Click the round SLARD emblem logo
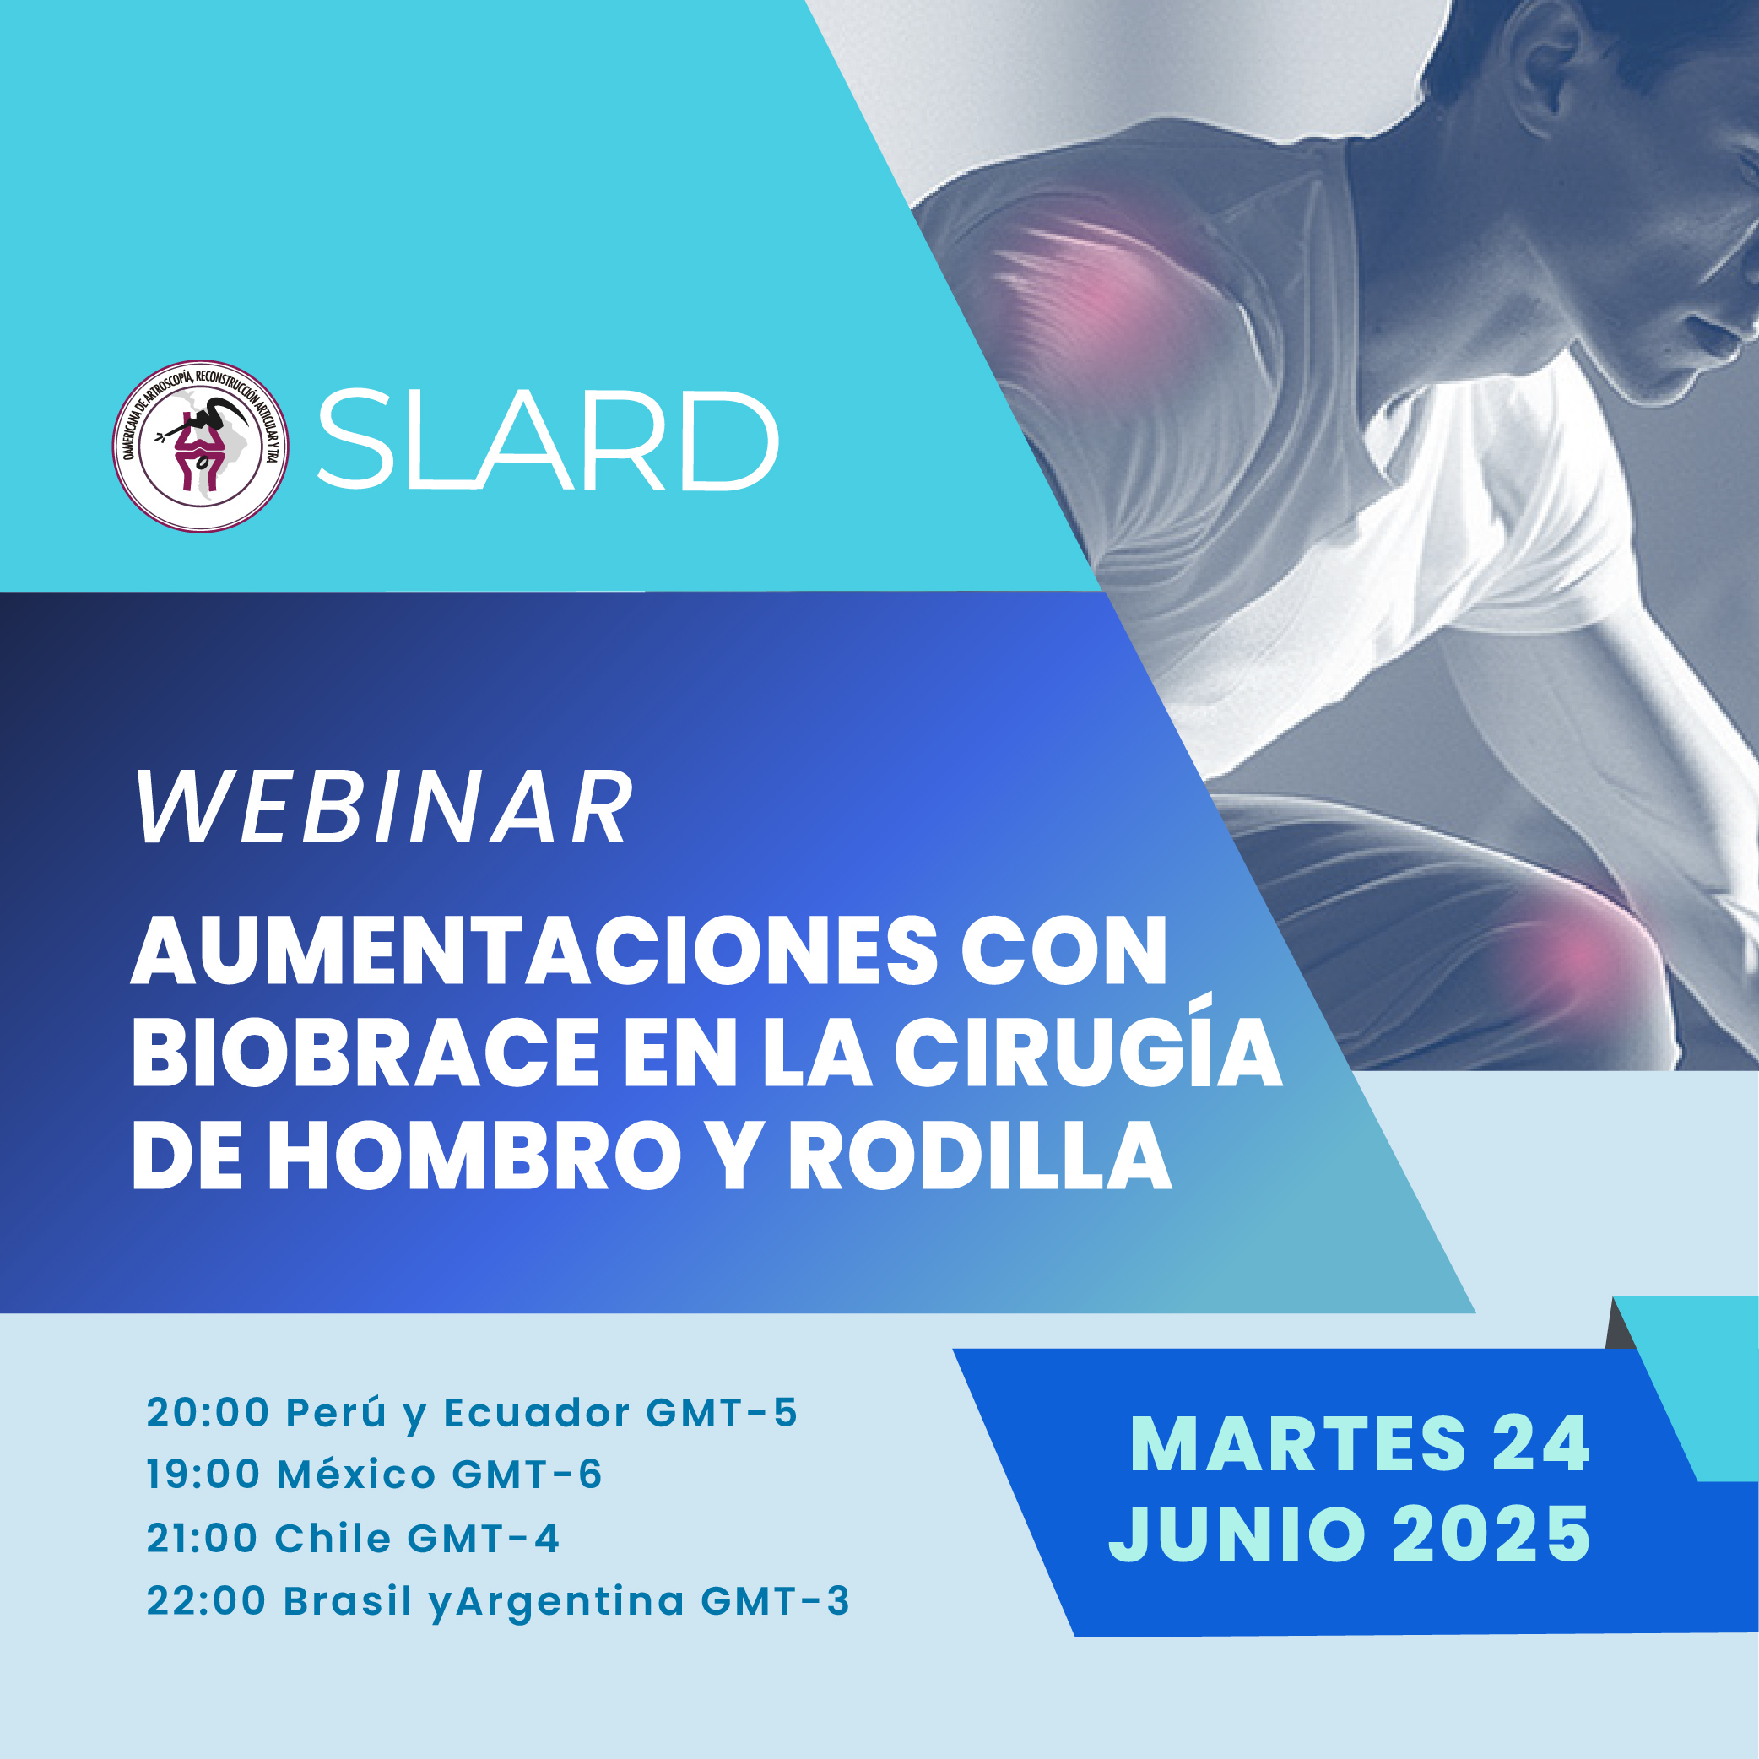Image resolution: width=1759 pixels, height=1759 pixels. point(200,447)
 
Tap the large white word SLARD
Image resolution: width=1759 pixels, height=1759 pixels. point(547,441)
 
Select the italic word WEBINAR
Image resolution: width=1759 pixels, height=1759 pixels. point(383,809)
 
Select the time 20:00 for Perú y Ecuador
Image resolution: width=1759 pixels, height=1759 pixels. point(208,1413)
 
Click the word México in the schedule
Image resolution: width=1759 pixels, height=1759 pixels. point(357,1475)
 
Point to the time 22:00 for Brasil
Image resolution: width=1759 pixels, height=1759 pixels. point(207,1600)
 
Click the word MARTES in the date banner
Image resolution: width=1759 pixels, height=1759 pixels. point(1298,1445)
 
